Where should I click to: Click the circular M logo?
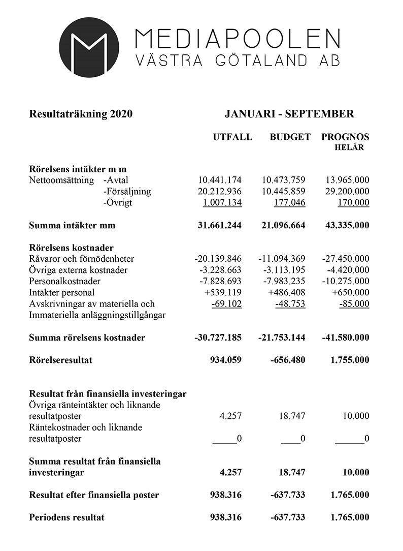click(x=89, y=47)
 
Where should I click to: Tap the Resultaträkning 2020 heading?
click(x=81, y=114)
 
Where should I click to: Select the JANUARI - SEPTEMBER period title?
click(x=289, y=114)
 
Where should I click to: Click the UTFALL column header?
click(x=232, y=137)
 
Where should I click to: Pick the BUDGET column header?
click(x=290, y=137)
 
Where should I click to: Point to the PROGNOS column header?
click(x=345, y=137)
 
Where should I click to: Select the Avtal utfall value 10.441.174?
click(x=219, y=180)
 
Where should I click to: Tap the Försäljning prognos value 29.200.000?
click(x=346, y=192)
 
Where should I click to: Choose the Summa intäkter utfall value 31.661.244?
click(x=219, y=225)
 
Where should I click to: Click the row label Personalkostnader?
click(x=65, y=281)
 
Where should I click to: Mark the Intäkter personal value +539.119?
click(x=222, y=292)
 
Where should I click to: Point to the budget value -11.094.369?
click(x=281, y=259)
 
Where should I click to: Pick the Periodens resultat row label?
click(x=67, y=517)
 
